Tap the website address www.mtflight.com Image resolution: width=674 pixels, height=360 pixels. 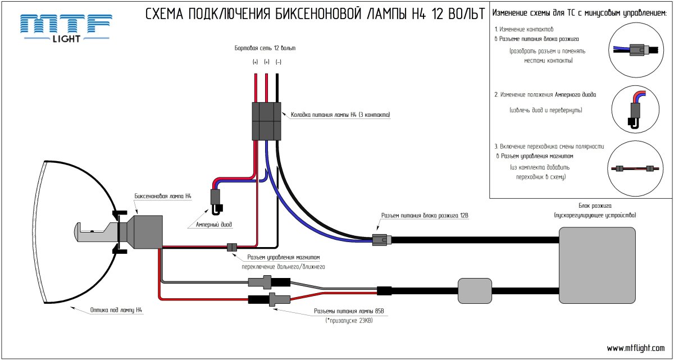(x=636, y=348)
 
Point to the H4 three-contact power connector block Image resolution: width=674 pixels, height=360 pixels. (x=266, y=120)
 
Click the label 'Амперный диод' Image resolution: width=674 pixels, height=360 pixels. (x=214, y=224)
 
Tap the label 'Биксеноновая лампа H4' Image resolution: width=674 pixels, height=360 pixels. (x=163, y=197)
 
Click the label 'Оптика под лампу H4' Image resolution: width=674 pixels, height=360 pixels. (x=115, y=309)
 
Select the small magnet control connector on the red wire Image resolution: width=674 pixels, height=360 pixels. (x=231, y=247)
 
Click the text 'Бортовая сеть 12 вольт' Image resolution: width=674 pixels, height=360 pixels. (x=265, y=48)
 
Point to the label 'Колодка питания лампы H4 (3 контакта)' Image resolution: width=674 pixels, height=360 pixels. (x=340, y=115)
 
